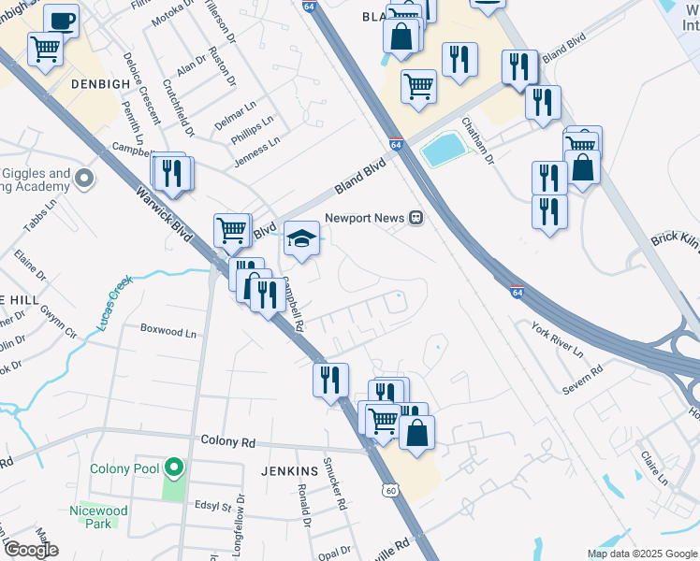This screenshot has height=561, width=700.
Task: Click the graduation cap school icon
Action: click(x=301, y=238)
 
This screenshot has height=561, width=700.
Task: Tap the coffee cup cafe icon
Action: click(x=62, y=21)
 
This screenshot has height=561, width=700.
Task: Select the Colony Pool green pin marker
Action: click(x=172, y=466)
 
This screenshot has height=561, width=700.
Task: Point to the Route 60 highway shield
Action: click(x=391, y=489)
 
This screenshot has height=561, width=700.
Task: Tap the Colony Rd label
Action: click(x=227, y=441)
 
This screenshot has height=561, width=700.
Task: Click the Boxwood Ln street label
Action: click(x=168, y=331)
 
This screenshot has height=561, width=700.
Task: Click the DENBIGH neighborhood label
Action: click(x=98, y=83)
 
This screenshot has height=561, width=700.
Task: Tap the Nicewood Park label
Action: click(x=97, y=517)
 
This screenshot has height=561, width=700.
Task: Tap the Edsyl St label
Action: click(x=212, y=507)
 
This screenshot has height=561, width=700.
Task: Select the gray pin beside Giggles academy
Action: click(x=85, y=177)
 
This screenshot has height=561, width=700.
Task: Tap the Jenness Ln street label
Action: click(x=255, y=153)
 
